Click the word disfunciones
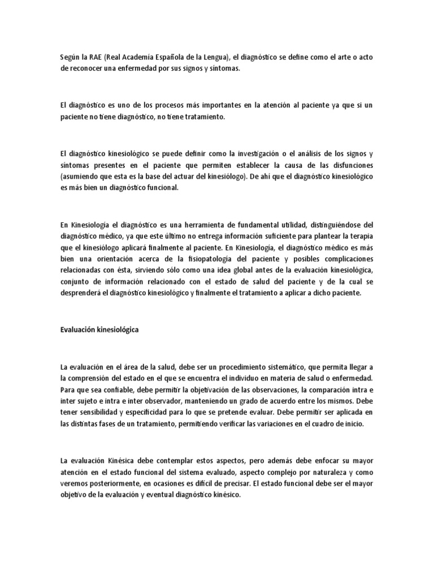tap(354, 166)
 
